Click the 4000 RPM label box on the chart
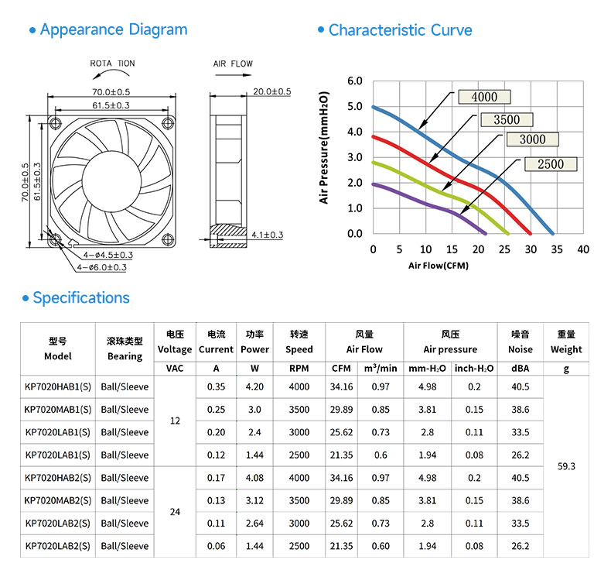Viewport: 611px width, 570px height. tap(484, 97)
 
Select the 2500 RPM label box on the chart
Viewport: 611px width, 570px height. tap(551, 164)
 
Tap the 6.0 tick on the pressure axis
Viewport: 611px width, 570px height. tap(354, 81)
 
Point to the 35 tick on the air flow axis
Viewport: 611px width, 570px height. tap(556, 249)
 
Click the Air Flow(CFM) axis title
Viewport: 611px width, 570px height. tap(439, 266)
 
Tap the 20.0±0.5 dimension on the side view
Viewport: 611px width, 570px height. tap(272, 91)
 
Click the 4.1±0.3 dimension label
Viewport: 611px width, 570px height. tap(268, 235)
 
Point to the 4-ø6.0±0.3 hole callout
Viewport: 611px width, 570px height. tap(101, 267)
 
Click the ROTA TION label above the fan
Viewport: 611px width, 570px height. tap(112, 64)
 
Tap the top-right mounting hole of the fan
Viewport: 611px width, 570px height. tap(168, 123)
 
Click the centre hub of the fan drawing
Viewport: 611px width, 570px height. tap(111, 181)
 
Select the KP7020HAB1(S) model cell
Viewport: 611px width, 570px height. tap(58, 386)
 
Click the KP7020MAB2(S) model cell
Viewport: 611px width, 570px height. tap(58, 500)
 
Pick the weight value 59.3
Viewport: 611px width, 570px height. tap(566, 466)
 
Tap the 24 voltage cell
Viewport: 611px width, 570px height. tap(175, 512)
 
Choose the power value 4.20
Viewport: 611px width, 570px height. tap(254, 386)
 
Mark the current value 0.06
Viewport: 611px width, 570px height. tap(216, 546)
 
